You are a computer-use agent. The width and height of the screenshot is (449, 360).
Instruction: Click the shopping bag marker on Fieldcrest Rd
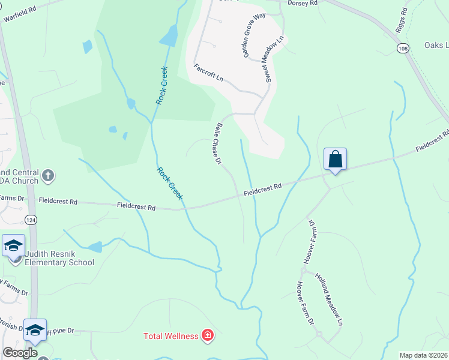[336, 160]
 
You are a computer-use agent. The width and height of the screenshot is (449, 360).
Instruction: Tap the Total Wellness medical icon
[208, 335]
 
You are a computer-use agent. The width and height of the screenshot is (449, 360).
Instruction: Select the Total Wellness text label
[170, 336]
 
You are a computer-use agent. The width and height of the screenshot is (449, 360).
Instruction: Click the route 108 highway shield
[402, 47]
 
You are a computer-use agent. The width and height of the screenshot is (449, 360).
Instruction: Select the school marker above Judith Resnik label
[13, 246]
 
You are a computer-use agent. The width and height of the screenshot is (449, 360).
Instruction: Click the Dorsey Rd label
[302, 3]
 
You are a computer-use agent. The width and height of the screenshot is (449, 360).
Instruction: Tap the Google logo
[20, 353]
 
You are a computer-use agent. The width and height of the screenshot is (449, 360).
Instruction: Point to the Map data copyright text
[423, 355]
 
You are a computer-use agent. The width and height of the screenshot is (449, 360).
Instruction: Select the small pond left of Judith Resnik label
[94, 247]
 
